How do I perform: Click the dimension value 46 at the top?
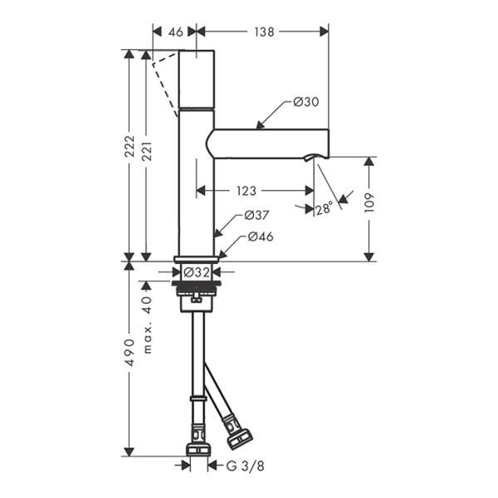point(175,31)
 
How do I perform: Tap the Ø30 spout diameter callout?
point(306,102)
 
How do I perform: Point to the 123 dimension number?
point(247,191)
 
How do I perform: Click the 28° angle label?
point(324,207)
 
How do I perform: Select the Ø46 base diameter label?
point(260,237)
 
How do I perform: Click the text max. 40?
point(148,325)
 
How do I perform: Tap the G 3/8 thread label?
point(246,466)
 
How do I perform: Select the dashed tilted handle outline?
point(168,83)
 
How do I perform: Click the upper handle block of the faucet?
point(197,79)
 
